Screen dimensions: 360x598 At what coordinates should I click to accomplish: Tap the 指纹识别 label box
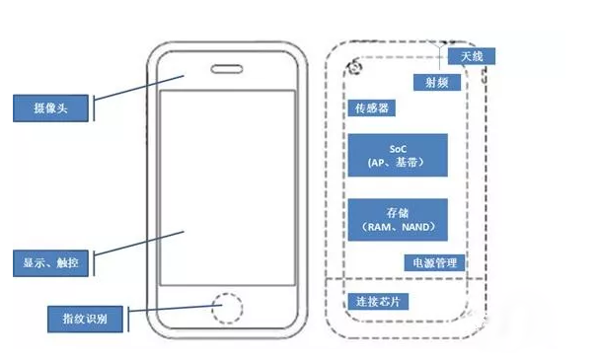[86, 319]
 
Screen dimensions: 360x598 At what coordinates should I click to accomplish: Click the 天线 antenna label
[472, 58]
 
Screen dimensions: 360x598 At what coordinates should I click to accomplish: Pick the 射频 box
[436, 82]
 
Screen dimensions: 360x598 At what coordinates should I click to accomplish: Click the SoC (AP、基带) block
[398, 155]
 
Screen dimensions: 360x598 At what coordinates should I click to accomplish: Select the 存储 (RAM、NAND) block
[398, 219]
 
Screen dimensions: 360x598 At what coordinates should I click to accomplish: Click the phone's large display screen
[228, 187]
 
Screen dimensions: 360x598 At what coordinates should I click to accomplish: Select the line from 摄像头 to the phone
[138, 92]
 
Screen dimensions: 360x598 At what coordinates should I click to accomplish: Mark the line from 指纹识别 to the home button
[168, 313]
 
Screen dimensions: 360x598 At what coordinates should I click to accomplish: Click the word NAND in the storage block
[415, 227]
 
